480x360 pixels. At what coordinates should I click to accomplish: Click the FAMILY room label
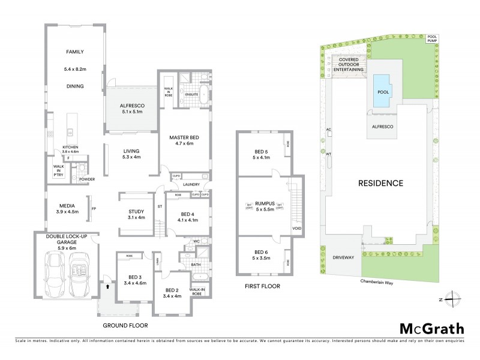click(74, 52)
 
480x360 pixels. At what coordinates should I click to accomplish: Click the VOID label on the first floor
click(296, 229)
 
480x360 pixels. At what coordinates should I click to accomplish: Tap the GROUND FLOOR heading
click(126, 325)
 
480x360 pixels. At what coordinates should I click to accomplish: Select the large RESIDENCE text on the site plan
click(380, 182)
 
